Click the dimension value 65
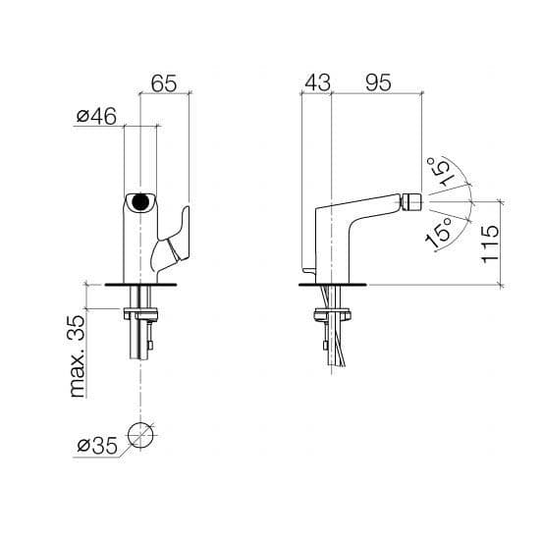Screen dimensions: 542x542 click(164, 82)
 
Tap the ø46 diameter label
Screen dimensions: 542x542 click(96, 116)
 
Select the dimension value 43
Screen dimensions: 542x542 click(317, 82)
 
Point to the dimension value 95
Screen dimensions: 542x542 click(378, 82)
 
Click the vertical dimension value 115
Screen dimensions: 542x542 click(490, 244)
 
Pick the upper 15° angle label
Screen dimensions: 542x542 click(440, 172)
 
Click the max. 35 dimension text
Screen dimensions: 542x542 click(78, 356)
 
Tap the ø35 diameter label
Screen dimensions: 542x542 click(97, 446)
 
